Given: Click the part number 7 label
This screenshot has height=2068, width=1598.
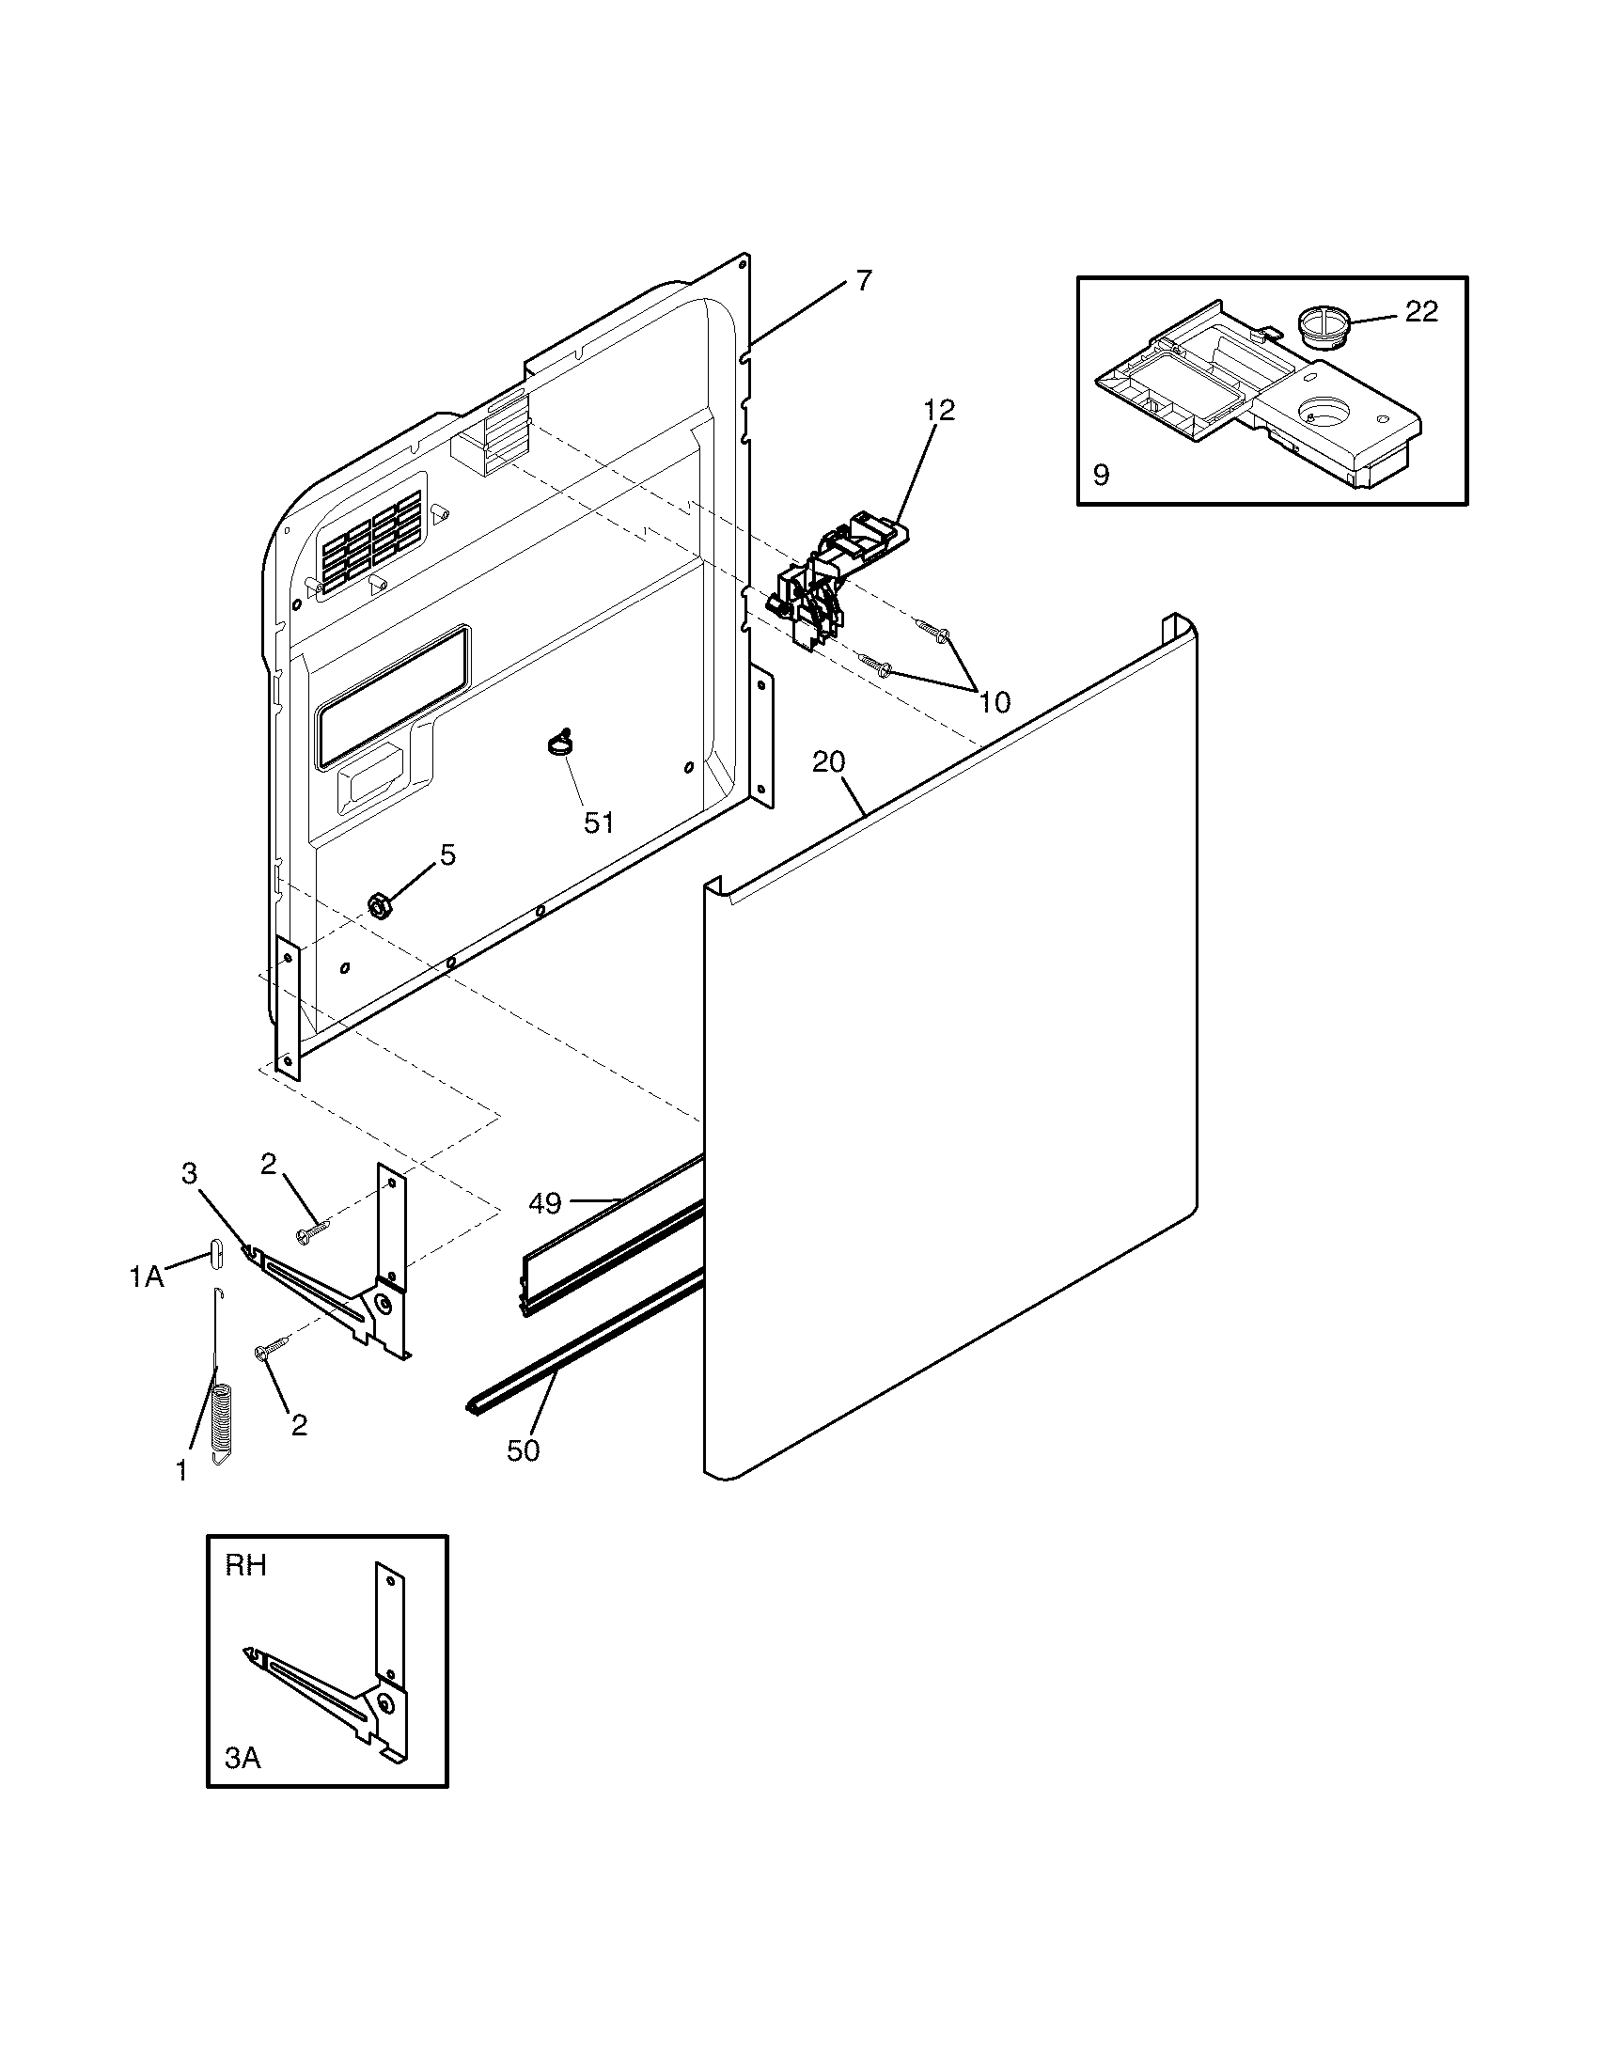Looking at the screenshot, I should click(862, 281).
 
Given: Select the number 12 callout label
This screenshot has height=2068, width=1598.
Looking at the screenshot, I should click(939, 410).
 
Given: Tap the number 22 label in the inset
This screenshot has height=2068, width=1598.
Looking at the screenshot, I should click(1420, 311).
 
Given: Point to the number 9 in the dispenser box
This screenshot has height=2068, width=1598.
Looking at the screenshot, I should click(1101, 475).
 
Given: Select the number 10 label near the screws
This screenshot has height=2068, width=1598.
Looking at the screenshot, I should click(994, 701).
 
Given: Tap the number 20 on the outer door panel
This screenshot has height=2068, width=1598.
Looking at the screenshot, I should click(828, 761).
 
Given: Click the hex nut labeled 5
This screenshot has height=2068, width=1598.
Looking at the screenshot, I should click(380, 906).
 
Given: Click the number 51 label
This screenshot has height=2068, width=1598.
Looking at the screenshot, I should click(598, 822).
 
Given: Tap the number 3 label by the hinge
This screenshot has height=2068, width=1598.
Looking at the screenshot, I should click(189, 1174).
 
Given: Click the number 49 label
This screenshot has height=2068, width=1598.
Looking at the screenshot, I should click(545, 1203).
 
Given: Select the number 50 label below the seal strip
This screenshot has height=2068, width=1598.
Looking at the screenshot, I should click(523, 1450).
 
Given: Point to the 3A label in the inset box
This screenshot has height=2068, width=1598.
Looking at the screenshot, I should click(243, 1759).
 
